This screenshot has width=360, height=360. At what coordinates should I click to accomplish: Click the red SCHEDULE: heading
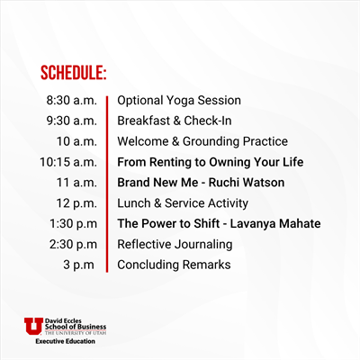74,73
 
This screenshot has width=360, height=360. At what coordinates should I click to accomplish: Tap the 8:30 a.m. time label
72,100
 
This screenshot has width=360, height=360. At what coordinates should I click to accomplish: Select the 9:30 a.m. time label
72,121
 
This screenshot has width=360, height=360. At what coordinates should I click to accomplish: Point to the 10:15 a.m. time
68,162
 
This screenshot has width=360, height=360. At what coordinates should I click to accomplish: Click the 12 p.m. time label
76,203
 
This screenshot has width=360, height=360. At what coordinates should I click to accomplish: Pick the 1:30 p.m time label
74,224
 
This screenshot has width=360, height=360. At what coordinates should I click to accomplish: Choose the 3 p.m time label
78,265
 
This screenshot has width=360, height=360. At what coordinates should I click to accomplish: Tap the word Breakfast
144,121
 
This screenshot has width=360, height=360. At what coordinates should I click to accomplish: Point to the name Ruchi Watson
247,183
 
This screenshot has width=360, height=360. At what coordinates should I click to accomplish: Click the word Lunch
134,203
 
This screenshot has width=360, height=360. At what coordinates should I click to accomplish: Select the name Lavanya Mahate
275,224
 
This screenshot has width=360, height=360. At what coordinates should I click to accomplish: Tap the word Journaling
203,245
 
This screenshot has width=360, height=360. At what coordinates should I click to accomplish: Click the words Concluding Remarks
174,265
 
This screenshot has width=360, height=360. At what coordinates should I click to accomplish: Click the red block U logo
33,326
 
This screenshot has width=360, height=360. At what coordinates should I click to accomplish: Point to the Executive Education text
65,341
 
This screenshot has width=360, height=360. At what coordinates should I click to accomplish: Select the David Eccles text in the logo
63,321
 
